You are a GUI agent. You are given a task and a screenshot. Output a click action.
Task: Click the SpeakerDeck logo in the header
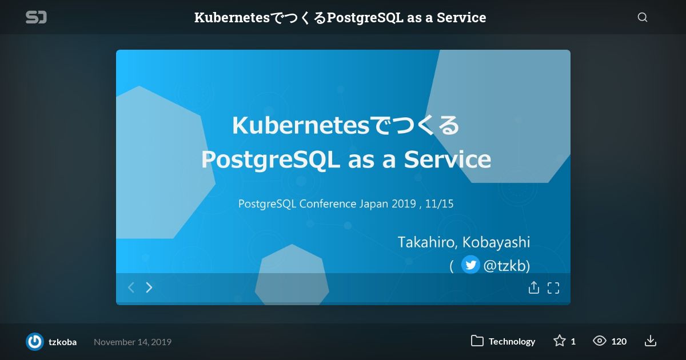36,17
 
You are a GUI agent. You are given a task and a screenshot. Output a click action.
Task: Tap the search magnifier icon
643,18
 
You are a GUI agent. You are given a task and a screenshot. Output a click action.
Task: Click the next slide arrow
149,287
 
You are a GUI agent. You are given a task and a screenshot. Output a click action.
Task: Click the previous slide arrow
131,287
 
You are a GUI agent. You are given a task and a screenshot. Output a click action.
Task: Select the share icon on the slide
534,287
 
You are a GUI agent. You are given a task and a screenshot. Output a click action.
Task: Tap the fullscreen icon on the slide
553,288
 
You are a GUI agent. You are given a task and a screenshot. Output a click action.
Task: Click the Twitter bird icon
470,265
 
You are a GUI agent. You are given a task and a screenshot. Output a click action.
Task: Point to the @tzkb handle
506,265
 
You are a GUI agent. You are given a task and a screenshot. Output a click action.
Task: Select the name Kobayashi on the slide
496,242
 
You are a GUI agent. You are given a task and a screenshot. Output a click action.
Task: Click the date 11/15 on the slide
439,204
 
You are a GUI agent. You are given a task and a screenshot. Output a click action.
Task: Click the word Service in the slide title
448,159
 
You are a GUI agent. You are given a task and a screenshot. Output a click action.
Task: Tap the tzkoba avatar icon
35,342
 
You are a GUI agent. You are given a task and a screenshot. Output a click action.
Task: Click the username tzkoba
62,342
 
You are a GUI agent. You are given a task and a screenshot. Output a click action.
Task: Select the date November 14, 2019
133,342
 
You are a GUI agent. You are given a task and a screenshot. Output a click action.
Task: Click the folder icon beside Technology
477,341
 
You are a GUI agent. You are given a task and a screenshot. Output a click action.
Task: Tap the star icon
560,341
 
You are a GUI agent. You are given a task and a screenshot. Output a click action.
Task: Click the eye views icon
599,341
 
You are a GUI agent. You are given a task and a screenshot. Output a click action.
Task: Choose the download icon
651,341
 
